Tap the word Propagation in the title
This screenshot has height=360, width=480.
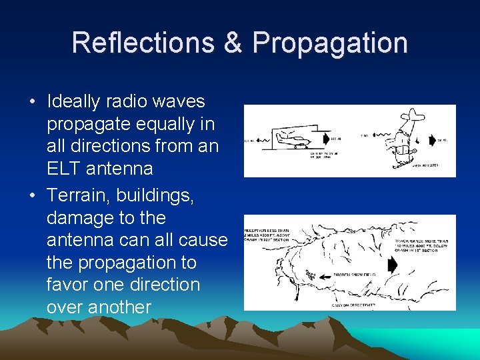pos(330,43)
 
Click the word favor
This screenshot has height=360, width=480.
pos(71,285)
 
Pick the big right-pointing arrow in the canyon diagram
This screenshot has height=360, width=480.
pos(392,265)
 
